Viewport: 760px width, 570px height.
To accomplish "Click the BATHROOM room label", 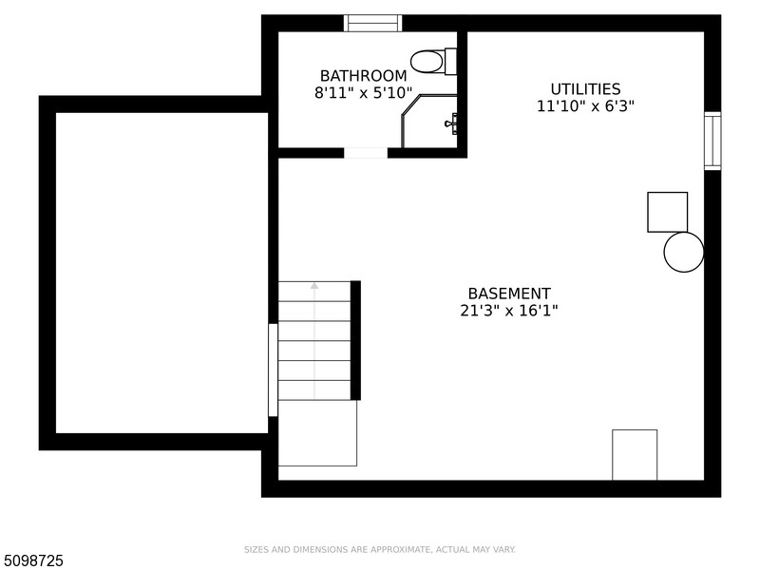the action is [363, 76].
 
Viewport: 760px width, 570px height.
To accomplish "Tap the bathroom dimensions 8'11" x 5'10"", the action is [364, 92].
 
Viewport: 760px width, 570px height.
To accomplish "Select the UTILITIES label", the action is [585, 89].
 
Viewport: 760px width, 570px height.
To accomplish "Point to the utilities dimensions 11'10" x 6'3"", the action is [585, 106].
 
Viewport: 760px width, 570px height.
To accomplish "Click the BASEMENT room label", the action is [509, 294].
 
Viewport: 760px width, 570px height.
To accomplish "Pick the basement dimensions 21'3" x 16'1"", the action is [509, 311].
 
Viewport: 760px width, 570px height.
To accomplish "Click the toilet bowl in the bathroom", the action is [427, 62].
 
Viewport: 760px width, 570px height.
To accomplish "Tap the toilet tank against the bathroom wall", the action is [450, 62].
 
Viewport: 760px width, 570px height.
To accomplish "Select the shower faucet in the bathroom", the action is [452, 123].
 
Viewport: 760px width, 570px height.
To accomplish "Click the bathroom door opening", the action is [366, 153].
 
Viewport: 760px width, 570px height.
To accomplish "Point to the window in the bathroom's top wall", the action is [372, 23].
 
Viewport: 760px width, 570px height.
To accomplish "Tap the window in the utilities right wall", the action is [712, 141].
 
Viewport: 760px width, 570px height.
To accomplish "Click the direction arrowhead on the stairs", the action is [314, 286].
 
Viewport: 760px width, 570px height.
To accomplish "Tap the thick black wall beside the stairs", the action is [355, 340].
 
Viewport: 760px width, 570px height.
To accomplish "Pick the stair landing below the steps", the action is [317, 433].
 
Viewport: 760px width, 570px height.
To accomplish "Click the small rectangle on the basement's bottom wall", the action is [635, 455].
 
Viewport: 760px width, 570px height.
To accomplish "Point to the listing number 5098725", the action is [31, 560].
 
